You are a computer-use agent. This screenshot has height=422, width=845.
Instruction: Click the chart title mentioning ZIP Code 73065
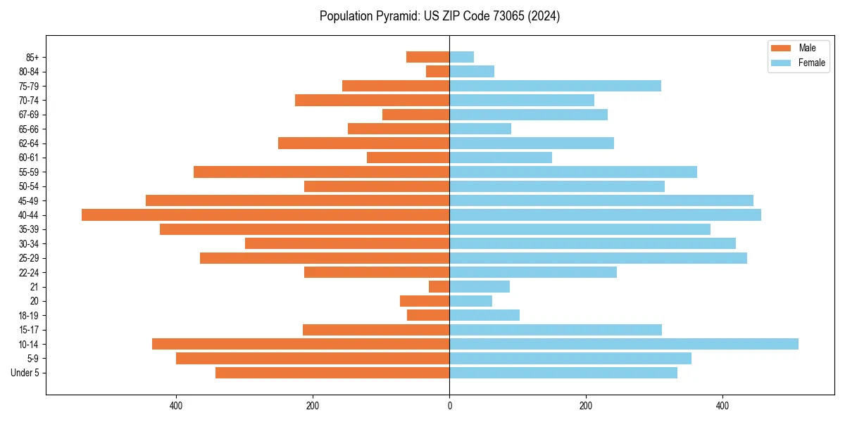(439, 16)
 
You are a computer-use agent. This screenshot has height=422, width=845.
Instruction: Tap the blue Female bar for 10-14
(624, 344)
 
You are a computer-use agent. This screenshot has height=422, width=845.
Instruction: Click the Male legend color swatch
(781, 48)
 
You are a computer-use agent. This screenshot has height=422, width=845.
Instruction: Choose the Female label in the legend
(812, 63)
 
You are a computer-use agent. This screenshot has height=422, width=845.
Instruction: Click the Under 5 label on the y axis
(25, 373)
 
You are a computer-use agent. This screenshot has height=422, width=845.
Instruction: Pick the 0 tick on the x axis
(449, 406)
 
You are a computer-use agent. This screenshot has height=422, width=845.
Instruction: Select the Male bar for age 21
(439, 286)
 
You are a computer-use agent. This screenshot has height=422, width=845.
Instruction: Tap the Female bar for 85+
(462, 57)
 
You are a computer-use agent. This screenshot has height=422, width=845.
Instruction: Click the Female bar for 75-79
(555, 86)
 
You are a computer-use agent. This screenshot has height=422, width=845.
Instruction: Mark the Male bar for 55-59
(322, 172)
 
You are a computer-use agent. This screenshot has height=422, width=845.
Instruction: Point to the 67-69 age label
(29, 115)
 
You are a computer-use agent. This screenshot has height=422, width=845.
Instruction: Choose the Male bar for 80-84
(438, 71)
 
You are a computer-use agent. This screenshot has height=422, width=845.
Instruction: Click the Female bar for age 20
(470, 301)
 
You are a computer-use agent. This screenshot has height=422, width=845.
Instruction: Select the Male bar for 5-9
(313, 359)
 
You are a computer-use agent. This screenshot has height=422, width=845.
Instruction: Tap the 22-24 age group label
(29, 272)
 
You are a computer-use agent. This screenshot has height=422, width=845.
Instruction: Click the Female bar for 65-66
(480, 129)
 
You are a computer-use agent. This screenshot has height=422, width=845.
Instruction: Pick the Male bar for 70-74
(372, 100)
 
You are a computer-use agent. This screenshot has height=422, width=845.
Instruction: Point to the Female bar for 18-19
(484, 315)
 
